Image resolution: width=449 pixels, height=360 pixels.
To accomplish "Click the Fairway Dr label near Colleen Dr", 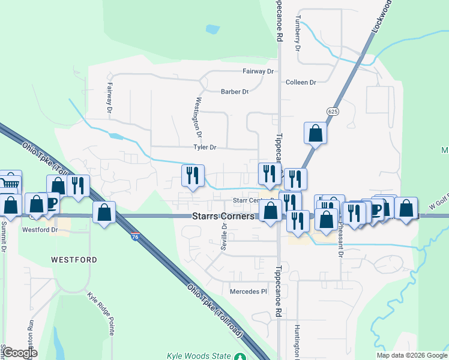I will [x=258, y=71].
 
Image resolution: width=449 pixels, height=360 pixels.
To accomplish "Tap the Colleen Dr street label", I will [x=301, y=82].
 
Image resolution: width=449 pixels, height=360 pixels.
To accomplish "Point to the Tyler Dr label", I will [x=204, y=147].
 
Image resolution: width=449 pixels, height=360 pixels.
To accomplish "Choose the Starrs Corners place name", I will [x=223, y=216].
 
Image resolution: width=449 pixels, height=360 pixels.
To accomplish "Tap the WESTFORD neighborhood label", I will [x=74, y=260].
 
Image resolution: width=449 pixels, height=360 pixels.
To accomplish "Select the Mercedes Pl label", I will [x=248, y=292].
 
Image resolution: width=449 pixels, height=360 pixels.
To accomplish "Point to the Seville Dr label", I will [x=224, y=236].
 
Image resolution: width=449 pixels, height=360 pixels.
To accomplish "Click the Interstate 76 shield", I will [x=136, y=238].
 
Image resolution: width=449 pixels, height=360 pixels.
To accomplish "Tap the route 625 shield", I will [x=334, y=112].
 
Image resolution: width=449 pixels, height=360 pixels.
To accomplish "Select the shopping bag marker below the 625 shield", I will [x=315, y=133].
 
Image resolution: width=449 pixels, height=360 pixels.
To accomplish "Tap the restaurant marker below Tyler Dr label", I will [x=193, y=175].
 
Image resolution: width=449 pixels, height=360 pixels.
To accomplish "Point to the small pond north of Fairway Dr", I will [x=212, y=28].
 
